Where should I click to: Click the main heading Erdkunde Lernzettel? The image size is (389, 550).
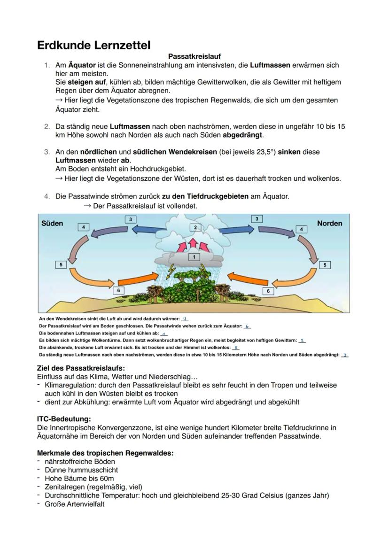pos(94,46)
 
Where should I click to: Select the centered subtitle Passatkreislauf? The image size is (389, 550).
pos(194,56)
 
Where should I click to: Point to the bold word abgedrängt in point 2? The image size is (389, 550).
pos(243,135)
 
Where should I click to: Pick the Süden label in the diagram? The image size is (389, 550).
pos(52,223)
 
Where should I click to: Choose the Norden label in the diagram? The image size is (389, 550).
pos(329,223)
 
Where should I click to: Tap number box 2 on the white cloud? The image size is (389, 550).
pos(194,227)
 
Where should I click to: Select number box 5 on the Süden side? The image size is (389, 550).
pos(61,265)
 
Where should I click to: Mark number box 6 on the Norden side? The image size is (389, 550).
pos(268,291)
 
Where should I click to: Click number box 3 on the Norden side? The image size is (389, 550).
pos(256,219)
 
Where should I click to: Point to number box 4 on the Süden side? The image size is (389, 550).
pos(83,227)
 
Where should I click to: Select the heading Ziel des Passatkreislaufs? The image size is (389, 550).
pos(81,368)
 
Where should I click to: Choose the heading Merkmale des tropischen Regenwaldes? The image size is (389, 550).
pos(105,453)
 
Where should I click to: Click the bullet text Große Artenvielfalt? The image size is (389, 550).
pos(74,504)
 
